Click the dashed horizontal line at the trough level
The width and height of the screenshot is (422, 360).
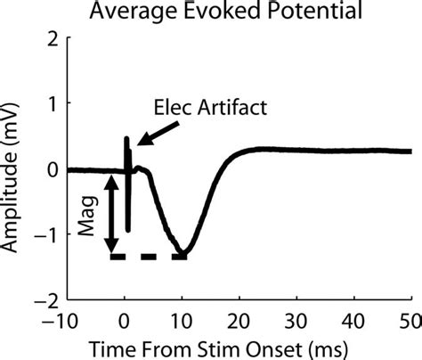(x=147, y=257)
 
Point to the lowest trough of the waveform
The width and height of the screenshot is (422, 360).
(x=183, y=252)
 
